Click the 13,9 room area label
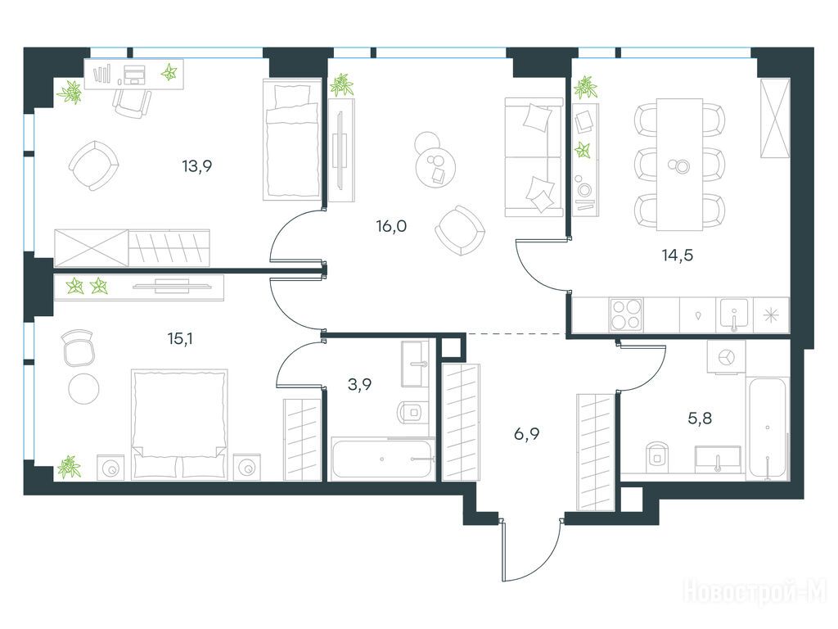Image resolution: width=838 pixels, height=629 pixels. (197, 166)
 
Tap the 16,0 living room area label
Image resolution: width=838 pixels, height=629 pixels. (391, 226)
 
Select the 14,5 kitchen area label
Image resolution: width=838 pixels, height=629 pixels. (677, 256)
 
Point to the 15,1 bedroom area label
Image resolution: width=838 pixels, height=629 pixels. (180, 338)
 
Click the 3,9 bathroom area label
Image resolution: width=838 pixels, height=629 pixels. (360, 385)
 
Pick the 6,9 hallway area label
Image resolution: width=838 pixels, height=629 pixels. (526, 434)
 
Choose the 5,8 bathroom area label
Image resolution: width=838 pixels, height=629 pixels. (700, 418)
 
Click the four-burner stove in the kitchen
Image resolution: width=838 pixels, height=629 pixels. (626, 315)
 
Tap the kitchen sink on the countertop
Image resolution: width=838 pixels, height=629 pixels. (735, 314)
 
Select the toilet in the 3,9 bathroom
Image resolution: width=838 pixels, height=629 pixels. (412, 412)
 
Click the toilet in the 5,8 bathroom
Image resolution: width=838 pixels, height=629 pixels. (657, 456)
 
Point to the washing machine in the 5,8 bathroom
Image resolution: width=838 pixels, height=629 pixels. (726, 356)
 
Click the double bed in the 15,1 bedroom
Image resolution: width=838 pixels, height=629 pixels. (179, 423)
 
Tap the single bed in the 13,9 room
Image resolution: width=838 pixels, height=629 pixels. (292, 139)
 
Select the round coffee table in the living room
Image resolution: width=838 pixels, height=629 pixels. (435, 166)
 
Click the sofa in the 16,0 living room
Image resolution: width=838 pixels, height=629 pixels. (534, 158)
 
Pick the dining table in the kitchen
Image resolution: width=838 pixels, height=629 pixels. (679, 164)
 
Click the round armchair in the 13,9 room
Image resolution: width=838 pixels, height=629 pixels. (93, 165)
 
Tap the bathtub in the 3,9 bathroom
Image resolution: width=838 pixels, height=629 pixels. (383, 459)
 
